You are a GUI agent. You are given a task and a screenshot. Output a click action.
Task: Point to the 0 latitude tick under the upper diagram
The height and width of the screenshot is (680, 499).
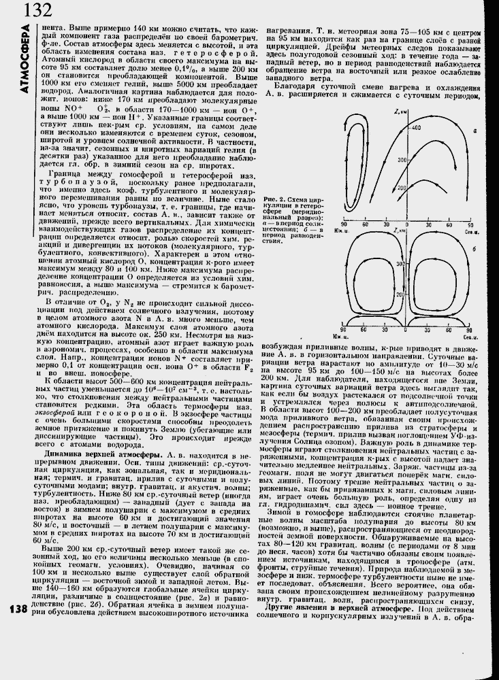click(x=408, y=223)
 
